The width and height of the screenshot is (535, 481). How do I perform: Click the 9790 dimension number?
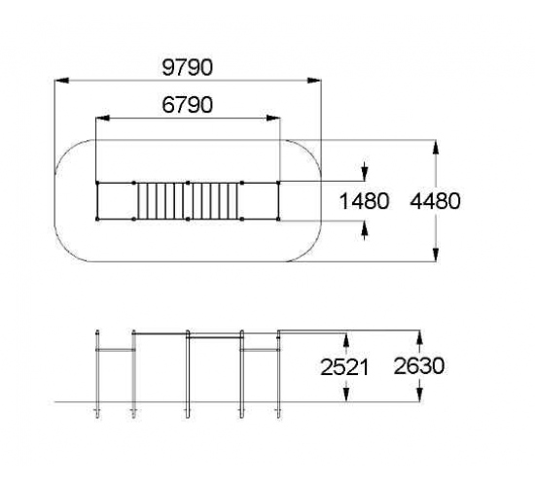188,67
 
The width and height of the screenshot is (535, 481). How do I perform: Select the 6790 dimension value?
188,105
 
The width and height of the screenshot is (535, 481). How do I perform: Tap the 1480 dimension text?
365,201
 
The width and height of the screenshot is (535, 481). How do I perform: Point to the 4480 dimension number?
435,201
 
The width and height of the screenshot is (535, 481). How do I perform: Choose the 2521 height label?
344,367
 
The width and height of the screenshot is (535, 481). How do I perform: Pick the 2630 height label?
419,366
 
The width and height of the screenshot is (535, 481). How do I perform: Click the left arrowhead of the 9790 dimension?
61,81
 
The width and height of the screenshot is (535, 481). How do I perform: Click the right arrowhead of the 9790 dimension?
314,81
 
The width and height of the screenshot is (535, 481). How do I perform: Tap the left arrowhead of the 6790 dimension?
103,118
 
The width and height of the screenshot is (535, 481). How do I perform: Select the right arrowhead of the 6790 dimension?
273,118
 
